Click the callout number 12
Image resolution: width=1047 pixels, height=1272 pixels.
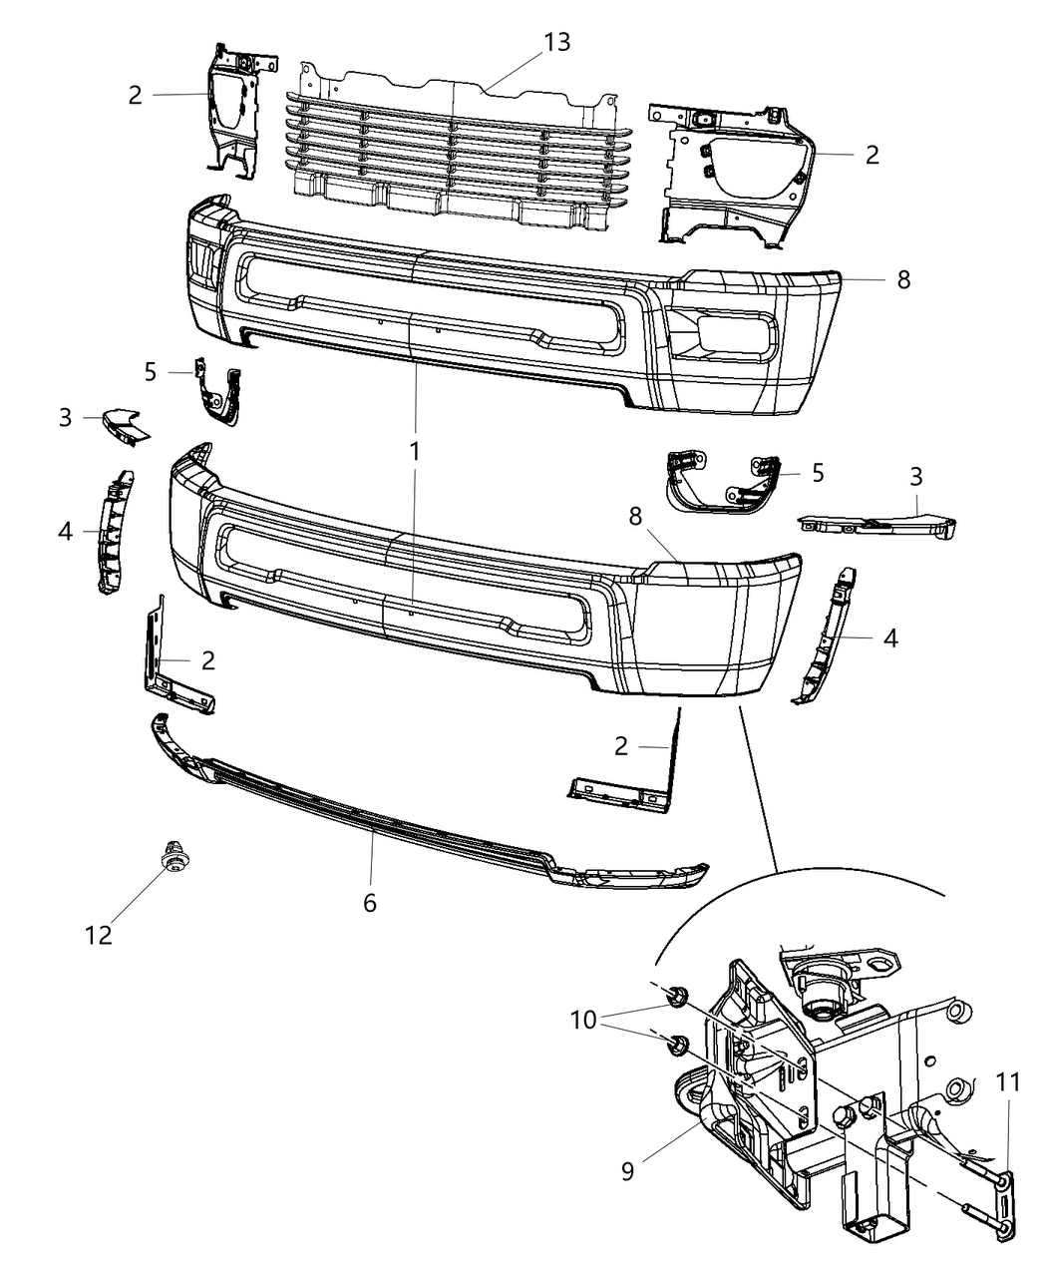[99, 935]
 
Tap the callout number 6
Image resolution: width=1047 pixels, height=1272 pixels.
[370, 903]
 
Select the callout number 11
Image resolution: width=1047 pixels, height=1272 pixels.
[1008, 1080]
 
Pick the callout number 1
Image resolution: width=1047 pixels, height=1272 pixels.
[413, 451]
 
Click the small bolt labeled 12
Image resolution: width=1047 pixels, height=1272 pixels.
[174, 859]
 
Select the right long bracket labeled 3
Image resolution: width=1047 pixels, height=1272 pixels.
[877, 523]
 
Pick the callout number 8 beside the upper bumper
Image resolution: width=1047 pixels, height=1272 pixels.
[903, 279]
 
